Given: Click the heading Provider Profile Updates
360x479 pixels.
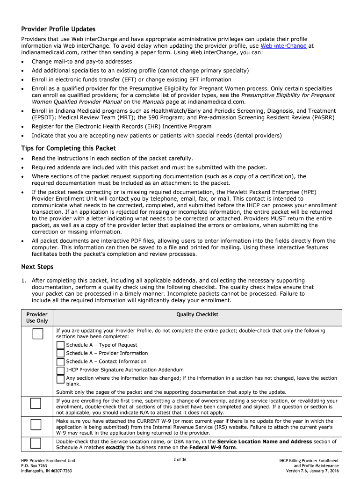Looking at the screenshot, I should [58, 29].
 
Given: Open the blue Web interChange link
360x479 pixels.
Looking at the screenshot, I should [283, 46].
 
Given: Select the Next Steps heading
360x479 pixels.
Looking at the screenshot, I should [37, 267].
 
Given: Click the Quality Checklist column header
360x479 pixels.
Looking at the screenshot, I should [197, 314].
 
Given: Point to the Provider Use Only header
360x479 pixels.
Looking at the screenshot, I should [37, 318].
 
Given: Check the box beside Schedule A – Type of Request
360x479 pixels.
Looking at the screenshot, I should [60, 345].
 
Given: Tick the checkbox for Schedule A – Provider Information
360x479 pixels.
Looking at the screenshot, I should [60, 354].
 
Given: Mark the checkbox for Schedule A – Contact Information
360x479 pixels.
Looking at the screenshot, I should [60, 362].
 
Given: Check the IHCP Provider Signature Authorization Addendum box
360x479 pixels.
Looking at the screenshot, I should [60, 370].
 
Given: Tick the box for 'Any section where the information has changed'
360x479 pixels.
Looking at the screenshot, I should [60, 379].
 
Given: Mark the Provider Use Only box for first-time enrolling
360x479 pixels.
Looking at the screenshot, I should [36, 403].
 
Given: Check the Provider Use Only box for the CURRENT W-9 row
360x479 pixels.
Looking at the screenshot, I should [36, 425].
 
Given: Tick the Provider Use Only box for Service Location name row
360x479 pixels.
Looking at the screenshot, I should [36, 444].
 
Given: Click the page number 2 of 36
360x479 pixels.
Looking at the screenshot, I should [180, 460].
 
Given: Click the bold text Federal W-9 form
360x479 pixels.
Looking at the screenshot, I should [214, 448].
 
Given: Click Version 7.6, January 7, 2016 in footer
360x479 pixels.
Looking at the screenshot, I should [312, 471].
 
